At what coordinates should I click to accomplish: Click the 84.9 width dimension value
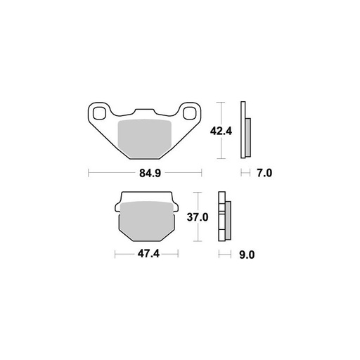point(145,172)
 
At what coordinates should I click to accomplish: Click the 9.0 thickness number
point(246,256)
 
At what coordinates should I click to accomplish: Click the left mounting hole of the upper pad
point(99,112)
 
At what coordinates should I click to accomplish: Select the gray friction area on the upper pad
point(145,137)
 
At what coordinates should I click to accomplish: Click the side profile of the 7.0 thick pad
point(246,131)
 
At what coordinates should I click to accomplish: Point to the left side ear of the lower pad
point(117,207)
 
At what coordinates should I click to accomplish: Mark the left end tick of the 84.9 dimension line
point(88,172)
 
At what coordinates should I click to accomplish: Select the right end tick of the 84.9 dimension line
point(202,172)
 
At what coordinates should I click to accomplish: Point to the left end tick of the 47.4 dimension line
point(115,256)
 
